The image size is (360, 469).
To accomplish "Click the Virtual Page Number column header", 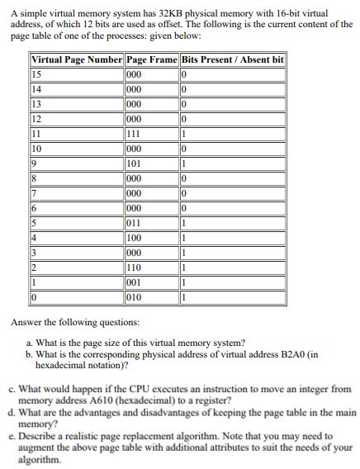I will tap(77, 60).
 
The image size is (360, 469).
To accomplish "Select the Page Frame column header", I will tap(152, 60).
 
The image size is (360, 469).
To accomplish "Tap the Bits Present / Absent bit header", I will tap(233, 60).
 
